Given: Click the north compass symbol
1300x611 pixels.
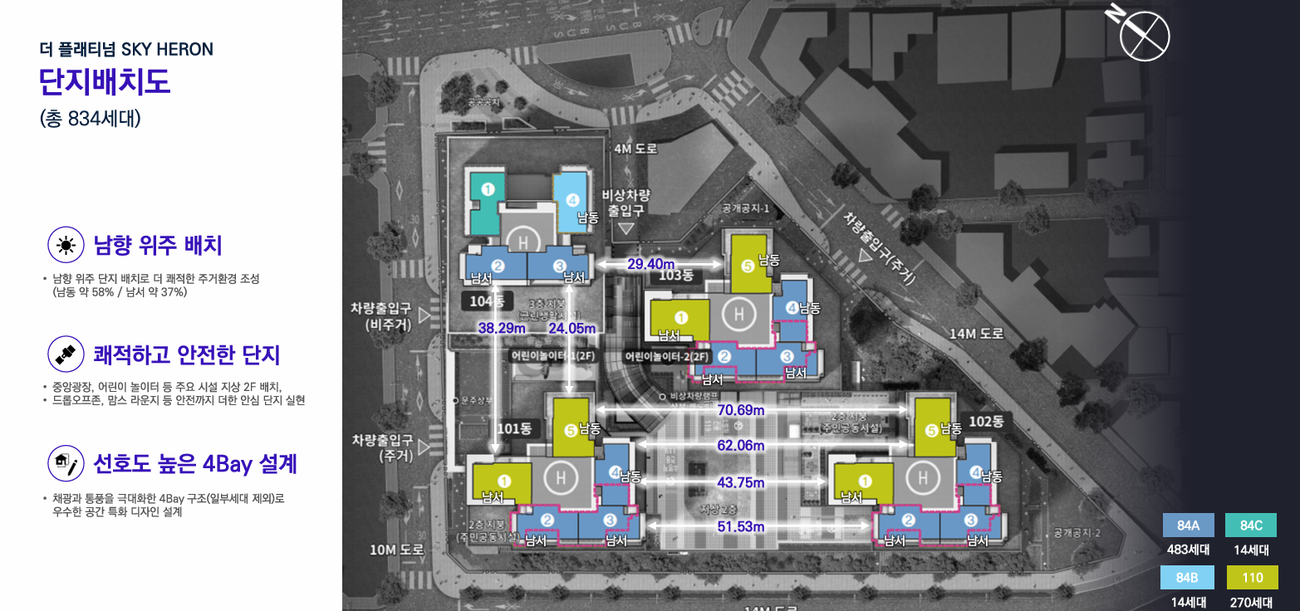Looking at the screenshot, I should point(1144,35).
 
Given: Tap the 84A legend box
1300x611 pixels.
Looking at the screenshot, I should point(1188,525).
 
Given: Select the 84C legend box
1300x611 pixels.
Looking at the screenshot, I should point(1251,525).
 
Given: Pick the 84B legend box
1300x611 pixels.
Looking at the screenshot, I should point(1188,577).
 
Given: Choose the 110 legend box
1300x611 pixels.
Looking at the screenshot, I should point(1251,577).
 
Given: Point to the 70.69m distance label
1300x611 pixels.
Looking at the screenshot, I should point(741,409).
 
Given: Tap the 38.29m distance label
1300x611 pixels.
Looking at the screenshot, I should point(502,328).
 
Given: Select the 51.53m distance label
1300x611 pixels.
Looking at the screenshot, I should point(741,526).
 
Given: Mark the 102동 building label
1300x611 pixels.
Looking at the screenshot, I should point(986,421).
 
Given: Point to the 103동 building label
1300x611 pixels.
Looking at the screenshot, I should point(675,276).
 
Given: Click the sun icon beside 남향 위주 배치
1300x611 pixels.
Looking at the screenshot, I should point(66,245).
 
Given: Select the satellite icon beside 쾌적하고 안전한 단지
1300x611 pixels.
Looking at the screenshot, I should point(66,354).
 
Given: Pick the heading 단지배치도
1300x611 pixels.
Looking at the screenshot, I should point(105,83).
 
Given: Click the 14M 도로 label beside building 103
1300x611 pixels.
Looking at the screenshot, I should point(976,334).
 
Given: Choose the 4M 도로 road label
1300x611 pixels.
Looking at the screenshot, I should point(635,149).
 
